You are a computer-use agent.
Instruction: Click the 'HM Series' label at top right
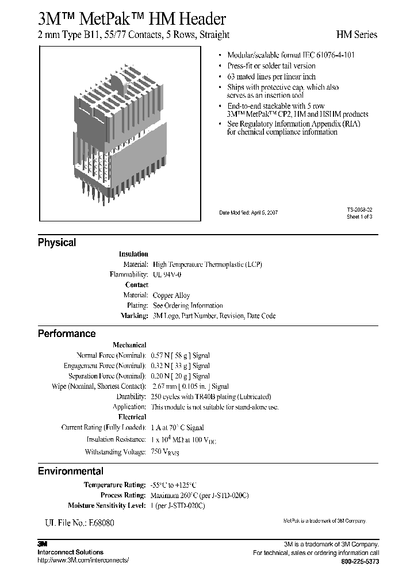(356, 35)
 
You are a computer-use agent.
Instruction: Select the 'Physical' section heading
(57, 243)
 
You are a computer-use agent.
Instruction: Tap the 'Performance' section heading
(67, 334)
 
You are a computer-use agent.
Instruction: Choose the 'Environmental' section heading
(71, 471)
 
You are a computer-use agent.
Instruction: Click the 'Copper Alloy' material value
(171, 295)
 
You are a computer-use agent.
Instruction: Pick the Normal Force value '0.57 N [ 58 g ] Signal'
(179, 355)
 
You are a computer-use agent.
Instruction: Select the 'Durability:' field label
(132, 396)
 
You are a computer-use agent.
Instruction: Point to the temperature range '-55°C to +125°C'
(177, 485)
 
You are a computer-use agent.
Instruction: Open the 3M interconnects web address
(83, 560)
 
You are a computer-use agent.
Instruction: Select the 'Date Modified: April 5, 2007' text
(248, 213)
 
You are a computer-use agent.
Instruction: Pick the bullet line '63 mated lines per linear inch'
(271, 76)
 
